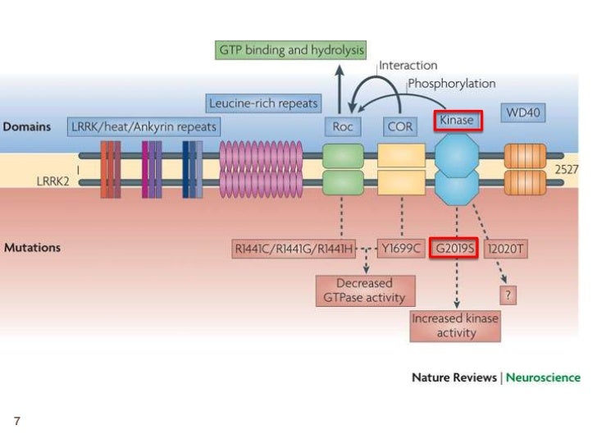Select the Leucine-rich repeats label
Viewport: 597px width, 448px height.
click(263, 103)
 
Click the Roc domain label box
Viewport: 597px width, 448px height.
click(343, 126)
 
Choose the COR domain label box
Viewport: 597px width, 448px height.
click(399, 126)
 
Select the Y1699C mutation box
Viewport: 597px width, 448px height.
click(401, 247)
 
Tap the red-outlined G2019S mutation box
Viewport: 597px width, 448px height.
click(454, 247)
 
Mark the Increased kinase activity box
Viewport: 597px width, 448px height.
click(456, 325)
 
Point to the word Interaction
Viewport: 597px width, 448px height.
click(408, 66)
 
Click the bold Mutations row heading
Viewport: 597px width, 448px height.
click(32, 247)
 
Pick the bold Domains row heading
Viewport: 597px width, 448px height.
click(28, 127)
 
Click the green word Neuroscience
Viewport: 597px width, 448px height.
click(543, 377)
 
